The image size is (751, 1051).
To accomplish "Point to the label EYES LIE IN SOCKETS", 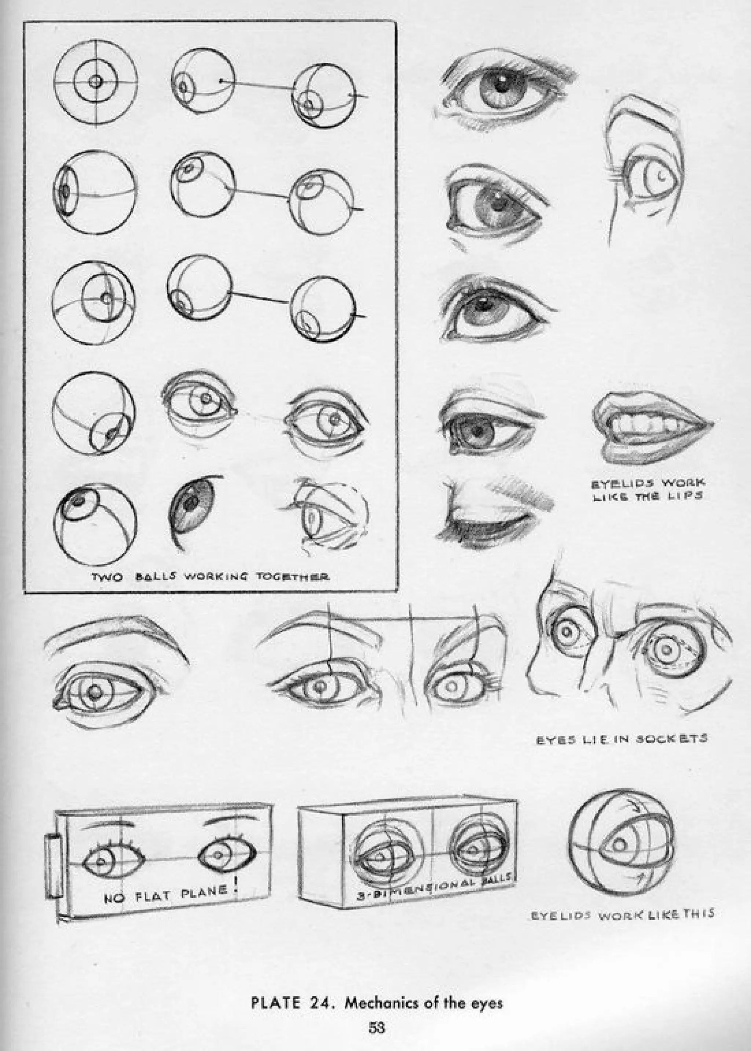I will click(622, 739).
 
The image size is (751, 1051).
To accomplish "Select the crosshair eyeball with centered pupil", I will click(96, 82).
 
